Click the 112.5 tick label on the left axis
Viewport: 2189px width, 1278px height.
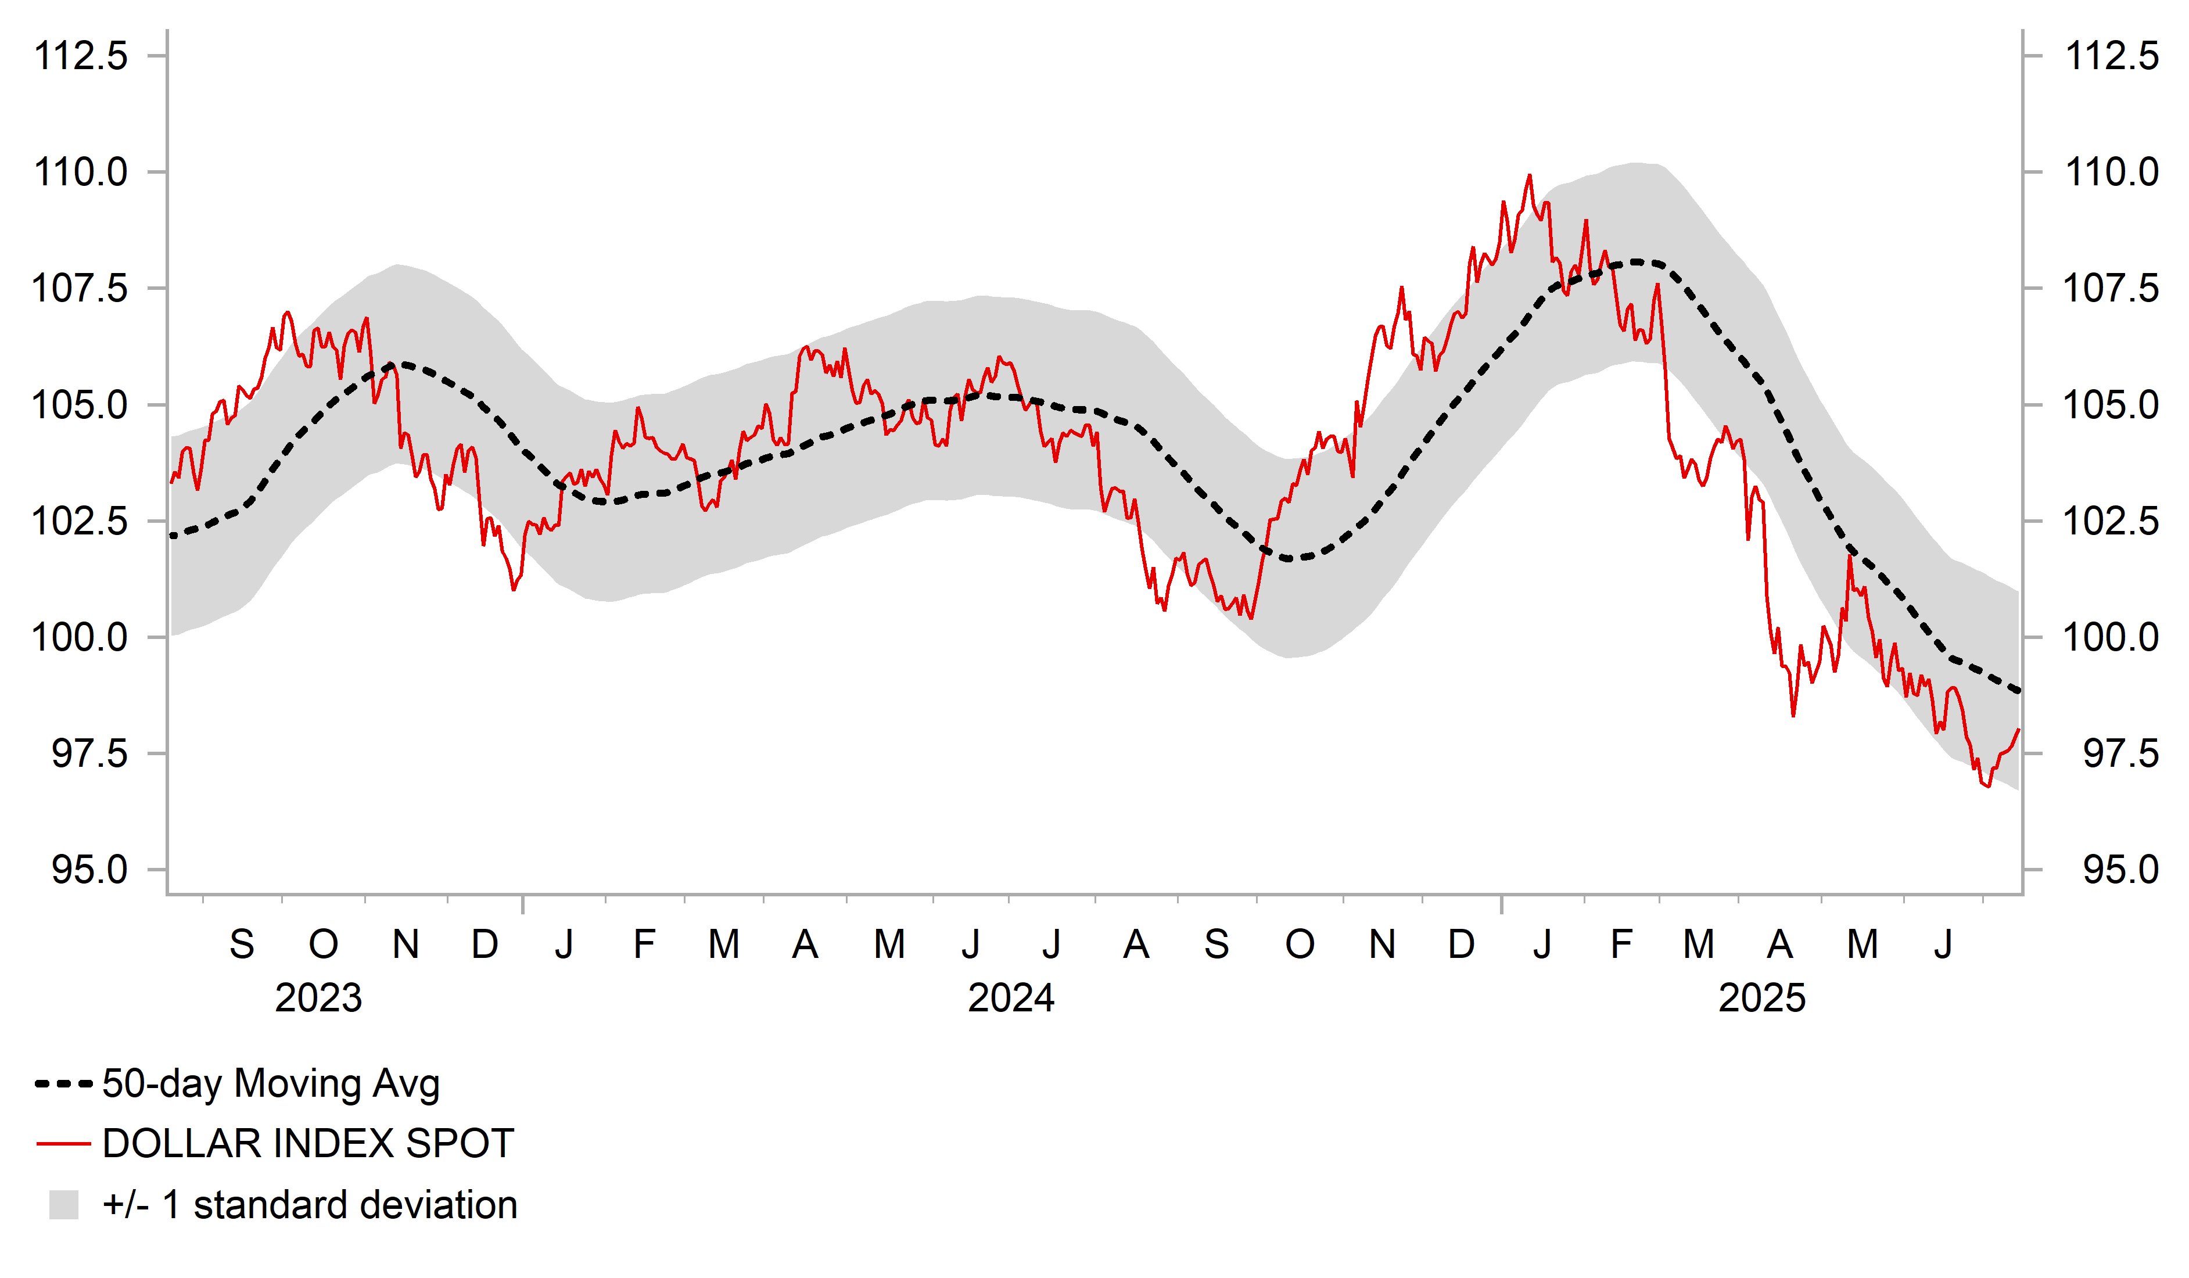click(x=80, y=56)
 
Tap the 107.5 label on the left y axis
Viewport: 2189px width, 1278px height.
click(x=80, y=289)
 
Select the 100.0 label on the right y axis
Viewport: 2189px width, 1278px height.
click(x=2111, y=638)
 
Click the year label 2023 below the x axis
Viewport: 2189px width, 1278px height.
click(x=318, y=998)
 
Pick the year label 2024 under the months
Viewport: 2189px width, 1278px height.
click(x=1011, y=998)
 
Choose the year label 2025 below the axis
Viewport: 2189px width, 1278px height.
click(x=1761, y=998)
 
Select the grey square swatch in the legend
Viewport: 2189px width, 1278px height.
click(x=63, y=1205)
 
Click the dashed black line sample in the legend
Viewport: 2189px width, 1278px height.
click(x=63, y=1084)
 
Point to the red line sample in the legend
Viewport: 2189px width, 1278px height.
click(x=63, y=1144)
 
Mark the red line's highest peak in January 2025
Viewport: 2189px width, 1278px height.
click(x=1530, y=175)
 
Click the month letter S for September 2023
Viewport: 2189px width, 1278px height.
click(x=242, y=945)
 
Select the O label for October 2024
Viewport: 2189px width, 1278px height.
click(x=1300, y=945)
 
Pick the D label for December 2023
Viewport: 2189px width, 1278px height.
click(x=485, y=945)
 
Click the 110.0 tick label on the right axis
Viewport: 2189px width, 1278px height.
click(x=2111, y=172)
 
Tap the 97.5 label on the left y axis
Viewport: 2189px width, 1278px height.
click(x=89, y=753)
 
